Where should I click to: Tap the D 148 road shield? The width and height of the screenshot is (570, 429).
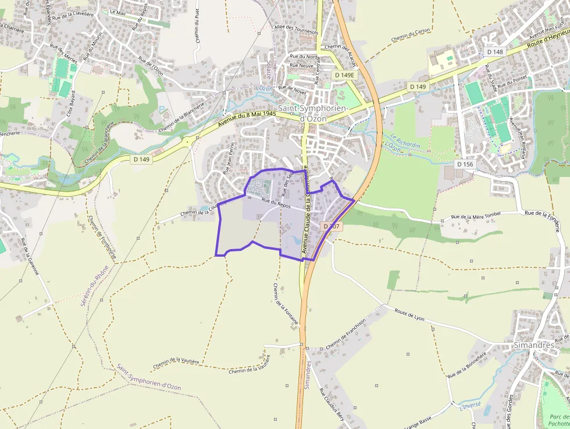point(495,52)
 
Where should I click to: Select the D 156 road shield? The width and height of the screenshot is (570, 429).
point(465,164)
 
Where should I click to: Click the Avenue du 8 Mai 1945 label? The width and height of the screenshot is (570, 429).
point(247,119)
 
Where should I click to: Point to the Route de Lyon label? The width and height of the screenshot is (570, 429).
point(410,315)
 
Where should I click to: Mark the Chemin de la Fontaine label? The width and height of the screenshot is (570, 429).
point(286,303)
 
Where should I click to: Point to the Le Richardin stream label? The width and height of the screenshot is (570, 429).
point(405,141)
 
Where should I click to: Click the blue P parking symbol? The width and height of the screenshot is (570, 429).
point(161,109)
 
